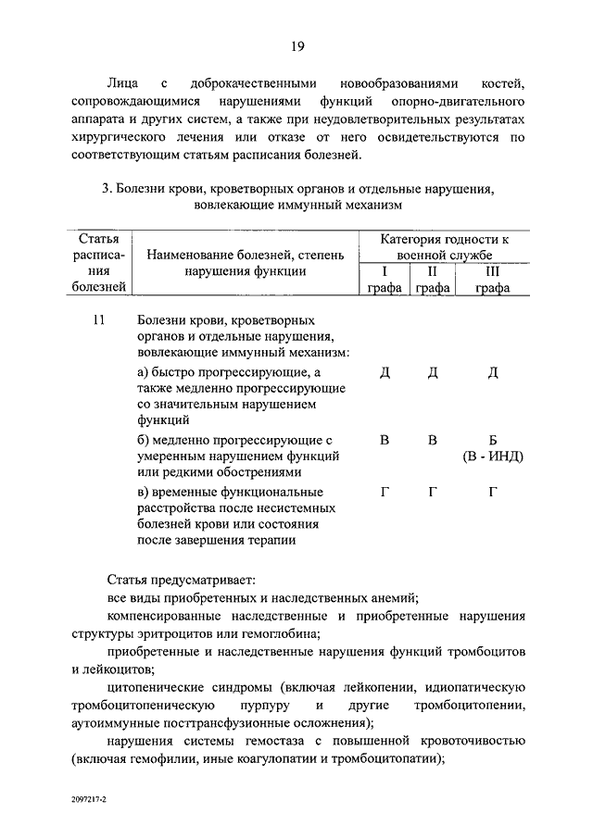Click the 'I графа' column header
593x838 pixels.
[384, 280]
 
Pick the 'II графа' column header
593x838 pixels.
[432, 280]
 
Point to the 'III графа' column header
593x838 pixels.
[493, 280]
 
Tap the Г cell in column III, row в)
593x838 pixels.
[493, 491]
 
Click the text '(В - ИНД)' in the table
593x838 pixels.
[493, 457]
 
